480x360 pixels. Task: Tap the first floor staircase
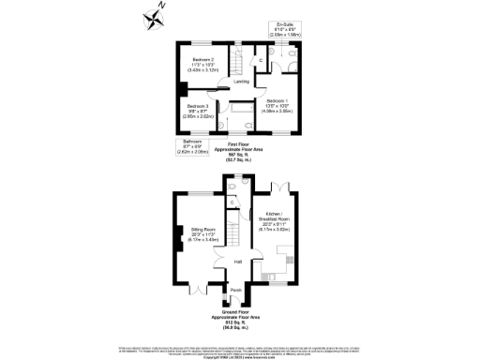(x=237, y=58)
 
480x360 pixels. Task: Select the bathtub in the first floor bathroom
(x=241, y=120)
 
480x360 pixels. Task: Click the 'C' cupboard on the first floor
(x=262, y=62)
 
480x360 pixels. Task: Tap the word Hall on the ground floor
(x=238, y=261)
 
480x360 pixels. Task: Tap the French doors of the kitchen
(x=278, y=188)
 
